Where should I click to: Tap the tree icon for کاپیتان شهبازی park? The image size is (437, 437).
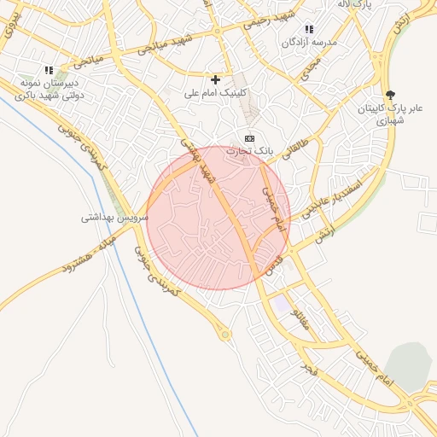391,95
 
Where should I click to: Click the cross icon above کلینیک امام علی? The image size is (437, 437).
215,79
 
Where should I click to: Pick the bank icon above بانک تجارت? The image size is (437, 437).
249,137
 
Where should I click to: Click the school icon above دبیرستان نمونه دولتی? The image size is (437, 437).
49,71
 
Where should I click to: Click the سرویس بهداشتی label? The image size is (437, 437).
114,217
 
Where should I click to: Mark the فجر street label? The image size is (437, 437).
309,364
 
